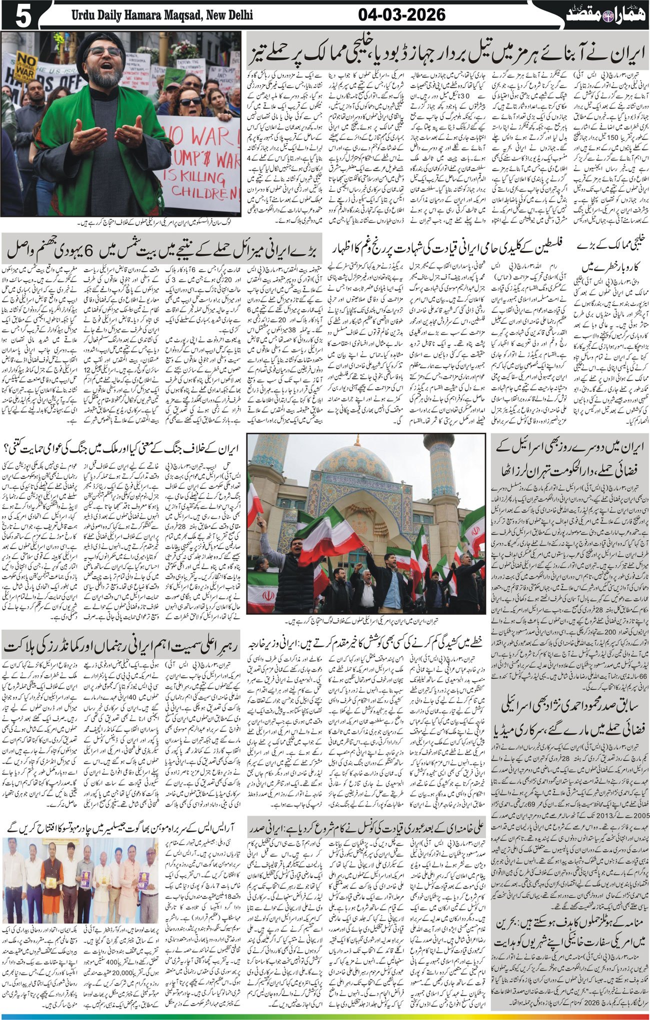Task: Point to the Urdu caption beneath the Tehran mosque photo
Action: point(366,622)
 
